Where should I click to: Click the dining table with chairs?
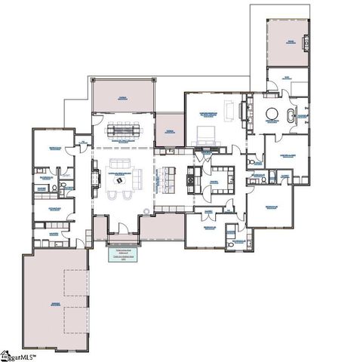tap(123, 130)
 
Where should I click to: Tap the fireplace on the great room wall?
tap(95, 176)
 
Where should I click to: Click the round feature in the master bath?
tap(272, 115)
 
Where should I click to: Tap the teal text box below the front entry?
tap(119, 253)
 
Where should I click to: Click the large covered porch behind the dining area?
tap(123, 96)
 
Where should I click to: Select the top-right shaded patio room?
tap(287, 41)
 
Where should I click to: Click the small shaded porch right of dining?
tap(170, 130)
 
